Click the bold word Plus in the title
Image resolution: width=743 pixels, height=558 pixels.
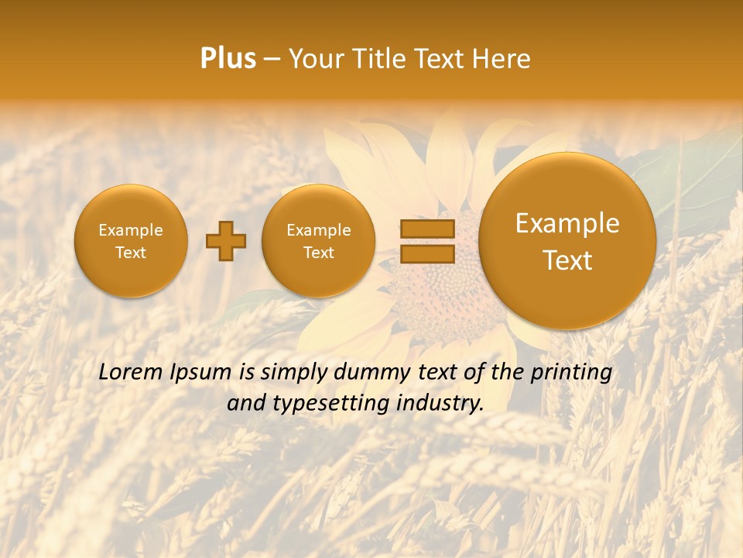[x=228, y=59]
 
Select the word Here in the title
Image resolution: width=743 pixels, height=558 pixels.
[x=502, y=59]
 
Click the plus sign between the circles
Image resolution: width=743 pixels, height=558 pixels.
[x=226, y=241]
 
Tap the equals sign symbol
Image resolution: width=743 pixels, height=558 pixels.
[x=427, y=241]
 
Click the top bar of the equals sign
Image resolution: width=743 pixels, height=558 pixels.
[x=427, y=229]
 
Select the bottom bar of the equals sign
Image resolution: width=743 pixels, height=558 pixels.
[x=427, y=254]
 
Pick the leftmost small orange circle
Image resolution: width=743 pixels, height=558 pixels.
[x=131, y=241]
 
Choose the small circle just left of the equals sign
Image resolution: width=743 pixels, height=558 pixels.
[x=319, y=241]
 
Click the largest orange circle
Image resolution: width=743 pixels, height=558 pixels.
[x=567, y=241]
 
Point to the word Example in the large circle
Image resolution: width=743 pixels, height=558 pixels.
[x=567, y=223]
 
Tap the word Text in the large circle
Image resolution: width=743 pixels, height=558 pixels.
[x=567, y=260]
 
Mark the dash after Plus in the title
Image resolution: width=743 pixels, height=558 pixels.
[x=272, y=60]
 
